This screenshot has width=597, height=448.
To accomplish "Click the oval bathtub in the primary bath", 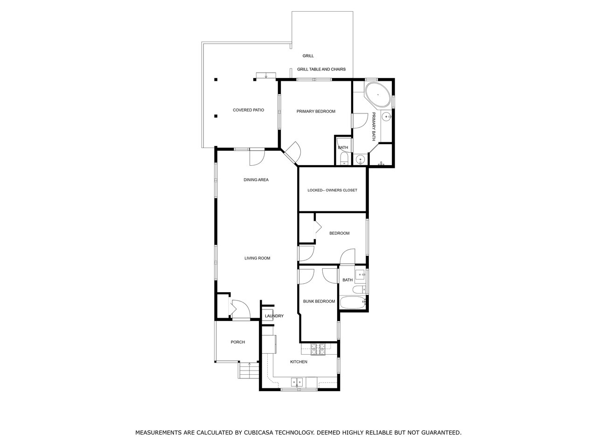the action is pos(377,94).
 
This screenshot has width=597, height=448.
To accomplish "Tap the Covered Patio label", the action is pos(248,110).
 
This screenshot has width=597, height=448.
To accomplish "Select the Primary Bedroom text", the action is pos(316,111).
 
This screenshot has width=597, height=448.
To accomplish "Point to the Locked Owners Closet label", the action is pos(332,190).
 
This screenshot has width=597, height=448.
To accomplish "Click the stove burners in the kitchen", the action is pos(318,349).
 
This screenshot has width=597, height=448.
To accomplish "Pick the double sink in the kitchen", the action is pos(297,382).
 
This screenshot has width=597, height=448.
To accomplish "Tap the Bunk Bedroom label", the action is pos(319,301).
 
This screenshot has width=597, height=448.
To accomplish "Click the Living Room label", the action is pos(257,258).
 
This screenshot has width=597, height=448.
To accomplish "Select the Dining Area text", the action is pos(256,180).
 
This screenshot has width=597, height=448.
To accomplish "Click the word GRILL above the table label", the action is pos(308,56).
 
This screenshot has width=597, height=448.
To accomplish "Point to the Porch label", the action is pos(238,342).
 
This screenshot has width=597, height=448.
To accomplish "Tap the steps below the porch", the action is pos(249,370).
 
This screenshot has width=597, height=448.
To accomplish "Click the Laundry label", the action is pos(274,316).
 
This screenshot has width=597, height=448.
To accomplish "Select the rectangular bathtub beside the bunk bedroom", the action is pos(353,302).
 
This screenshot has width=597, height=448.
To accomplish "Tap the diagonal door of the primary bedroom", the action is pos(292,153).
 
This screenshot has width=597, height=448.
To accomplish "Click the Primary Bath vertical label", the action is pos(374,126).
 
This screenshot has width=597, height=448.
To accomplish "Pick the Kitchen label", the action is pos(298,362).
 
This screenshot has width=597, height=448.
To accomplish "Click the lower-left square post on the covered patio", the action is pos(216,116).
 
